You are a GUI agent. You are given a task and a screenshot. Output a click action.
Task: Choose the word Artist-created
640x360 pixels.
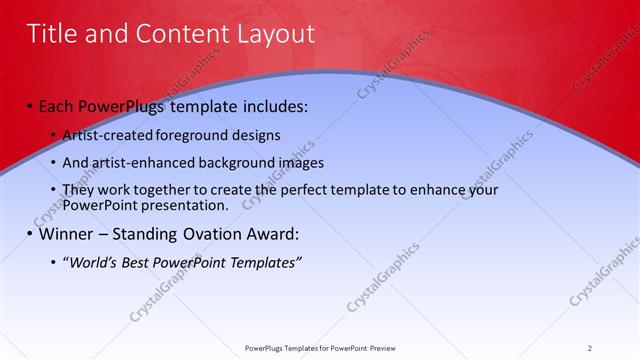(x=104, y=135)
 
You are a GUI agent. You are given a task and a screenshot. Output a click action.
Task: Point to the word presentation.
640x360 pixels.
(x=185, y=205)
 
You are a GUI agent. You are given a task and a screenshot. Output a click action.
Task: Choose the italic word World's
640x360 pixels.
(x=93, y=263)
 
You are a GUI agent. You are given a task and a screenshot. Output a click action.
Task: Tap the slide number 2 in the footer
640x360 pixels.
(x=590, y=348)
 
